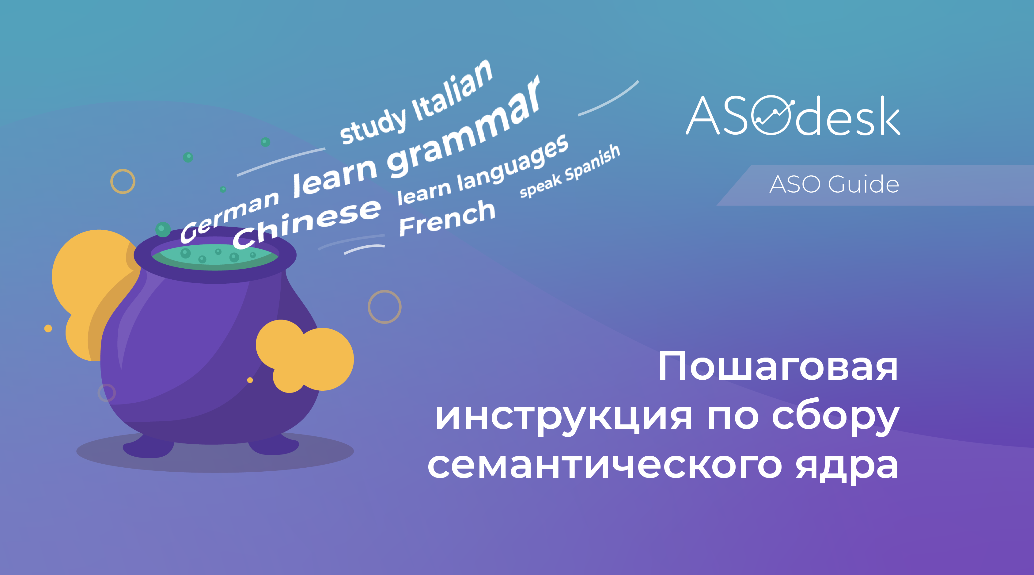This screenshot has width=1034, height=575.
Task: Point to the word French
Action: point(447,218)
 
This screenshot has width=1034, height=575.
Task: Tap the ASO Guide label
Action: point(834,185)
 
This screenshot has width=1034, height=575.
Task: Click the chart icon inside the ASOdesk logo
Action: point(773,115)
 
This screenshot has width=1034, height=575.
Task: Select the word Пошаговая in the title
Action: point(778,366)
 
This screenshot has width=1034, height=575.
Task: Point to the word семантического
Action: point(604,466)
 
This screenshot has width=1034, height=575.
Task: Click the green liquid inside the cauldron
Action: point(214,257)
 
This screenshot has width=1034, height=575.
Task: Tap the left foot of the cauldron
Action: point(149,446)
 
